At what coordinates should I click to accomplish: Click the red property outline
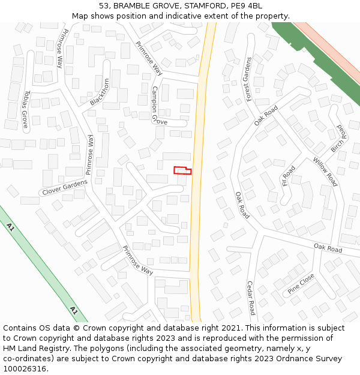[182, 170]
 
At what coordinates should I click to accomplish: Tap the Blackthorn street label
[100, 92]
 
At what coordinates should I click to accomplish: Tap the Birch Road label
[338, 139]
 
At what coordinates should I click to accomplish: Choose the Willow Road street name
[325, 172]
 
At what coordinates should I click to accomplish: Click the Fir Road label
[289, 175]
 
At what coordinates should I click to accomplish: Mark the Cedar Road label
[251, 298]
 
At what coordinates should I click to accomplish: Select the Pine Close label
[301, 282]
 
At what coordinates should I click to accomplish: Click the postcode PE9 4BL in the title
[246, 6]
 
